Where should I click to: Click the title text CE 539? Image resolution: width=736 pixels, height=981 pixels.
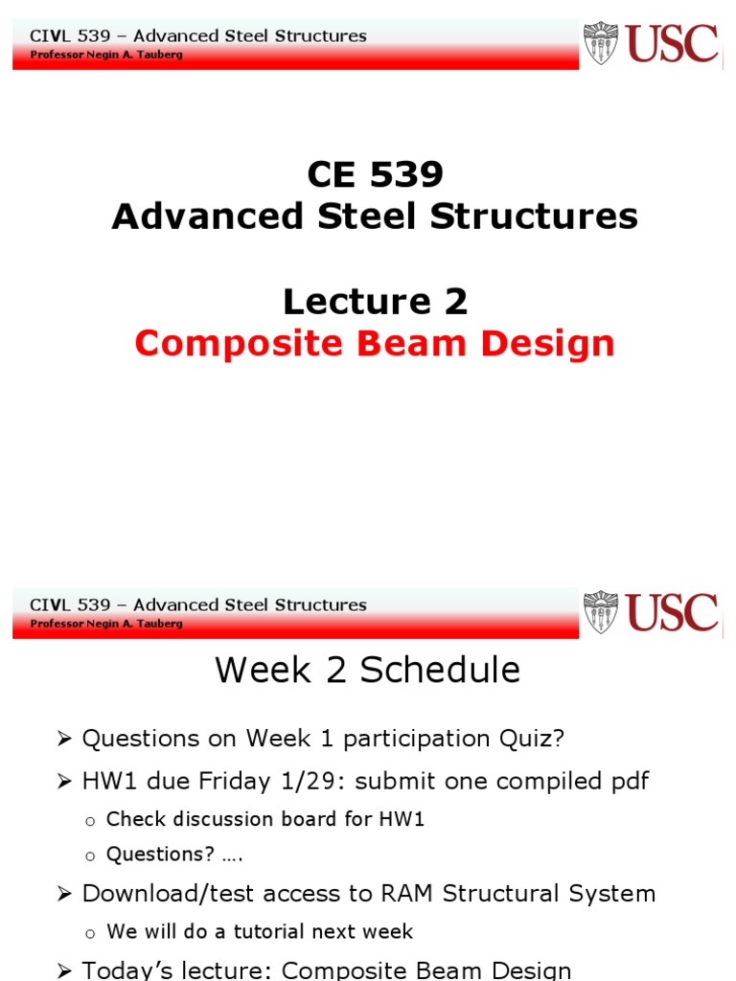tap(375, 174)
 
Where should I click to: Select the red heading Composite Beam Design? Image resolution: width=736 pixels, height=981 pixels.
tap(375, 343)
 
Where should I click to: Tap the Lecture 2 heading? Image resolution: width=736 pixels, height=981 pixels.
tap(375, 302)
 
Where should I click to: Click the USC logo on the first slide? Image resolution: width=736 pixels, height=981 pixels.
tap(652, 43)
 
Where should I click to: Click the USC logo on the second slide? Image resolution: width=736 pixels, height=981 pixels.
tap(652, 612)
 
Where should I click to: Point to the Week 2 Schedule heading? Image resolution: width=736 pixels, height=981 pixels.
tap(367, 670)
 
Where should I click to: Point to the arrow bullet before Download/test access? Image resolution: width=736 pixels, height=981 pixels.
tap(64, 895)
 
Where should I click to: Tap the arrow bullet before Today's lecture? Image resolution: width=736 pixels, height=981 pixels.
tap(64, 971)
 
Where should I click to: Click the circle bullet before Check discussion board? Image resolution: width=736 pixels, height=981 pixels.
tap(90, 821)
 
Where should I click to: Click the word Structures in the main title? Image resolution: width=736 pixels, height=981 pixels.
tap(534, 217)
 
